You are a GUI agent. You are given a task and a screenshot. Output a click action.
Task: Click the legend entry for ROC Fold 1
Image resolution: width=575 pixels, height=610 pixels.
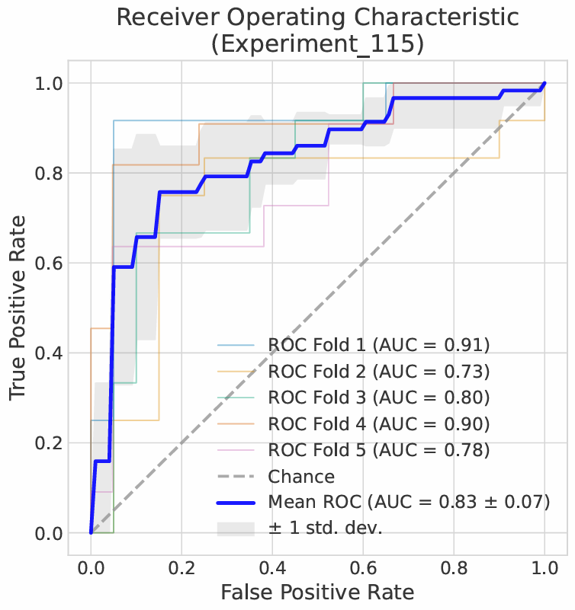(x=378, y=345)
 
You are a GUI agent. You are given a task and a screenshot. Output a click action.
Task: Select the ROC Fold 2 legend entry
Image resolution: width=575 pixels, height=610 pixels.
(x=378, y=371)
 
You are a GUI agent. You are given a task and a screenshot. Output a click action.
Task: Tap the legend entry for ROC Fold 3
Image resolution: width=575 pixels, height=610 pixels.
(x=378, y=398)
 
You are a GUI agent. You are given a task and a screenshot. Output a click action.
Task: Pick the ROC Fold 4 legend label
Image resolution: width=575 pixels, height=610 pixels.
(x=378, y=423)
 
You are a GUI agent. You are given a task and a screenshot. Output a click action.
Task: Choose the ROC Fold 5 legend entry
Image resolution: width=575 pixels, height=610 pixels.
(x=378, y=450)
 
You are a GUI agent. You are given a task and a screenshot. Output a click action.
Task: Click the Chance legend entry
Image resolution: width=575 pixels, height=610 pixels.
(x=301, y=477)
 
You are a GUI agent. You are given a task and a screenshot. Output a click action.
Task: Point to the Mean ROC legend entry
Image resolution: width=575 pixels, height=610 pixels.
(x=409, y=503)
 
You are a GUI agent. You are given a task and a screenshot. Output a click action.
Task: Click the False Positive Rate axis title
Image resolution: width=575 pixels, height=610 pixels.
(x=317, y=592)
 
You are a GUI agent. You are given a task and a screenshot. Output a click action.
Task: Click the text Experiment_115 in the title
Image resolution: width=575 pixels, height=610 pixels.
(x=317, y=43)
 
